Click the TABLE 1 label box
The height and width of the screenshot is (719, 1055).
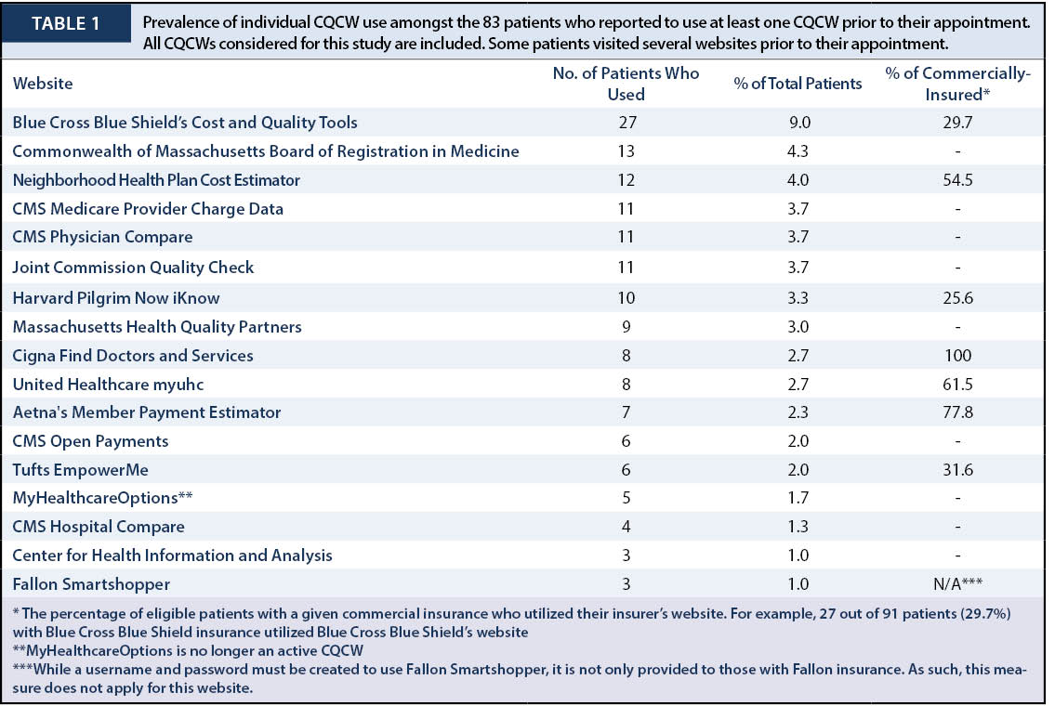pos(66,23)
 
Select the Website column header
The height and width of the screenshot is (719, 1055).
pos(43,84)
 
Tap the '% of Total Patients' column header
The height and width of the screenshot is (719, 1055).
pos(798,84)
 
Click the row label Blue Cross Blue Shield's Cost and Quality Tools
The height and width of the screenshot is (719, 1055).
pos(185,123)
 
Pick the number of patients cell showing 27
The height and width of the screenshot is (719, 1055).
pos(626,123)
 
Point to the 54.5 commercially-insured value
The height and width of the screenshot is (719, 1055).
pos(957,180)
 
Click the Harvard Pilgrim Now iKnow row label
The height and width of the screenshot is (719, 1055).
pos(116,298)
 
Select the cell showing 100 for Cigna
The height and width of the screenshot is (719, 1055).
pos(957,356)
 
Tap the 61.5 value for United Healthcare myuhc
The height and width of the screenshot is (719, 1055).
pos(957,385)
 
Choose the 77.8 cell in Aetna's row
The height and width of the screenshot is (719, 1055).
pos(957,412)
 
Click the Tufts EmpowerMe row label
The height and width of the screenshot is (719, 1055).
pos(80,470)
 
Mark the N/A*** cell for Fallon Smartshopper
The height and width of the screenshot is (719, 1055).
pos(957,583)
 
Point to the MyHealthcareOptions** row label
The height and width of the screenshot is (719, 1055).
pos(102,498)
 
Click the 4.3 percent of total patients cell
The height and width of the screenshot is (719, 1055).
pos(798,151)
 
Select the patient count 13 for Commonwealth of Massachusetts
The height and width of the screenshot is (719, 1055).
pos(626,151)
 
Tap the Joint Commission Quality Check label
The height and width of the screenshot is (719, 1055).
pos(133,268)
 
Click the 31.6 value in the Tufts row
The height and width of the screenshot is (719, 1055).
pos(957,470)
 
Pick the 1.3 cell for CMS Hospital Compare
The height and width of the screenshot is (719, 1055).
pos(798,527)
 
